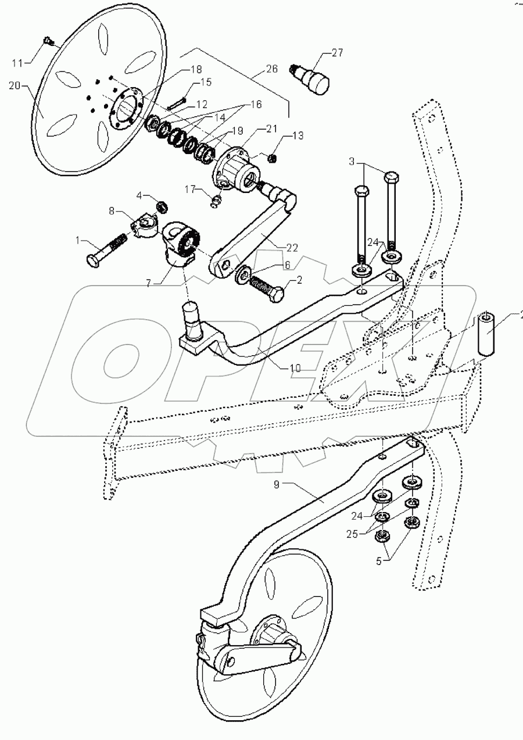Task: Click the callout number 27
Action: point(336,53)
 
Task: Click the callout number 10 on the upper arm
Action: point(296,368)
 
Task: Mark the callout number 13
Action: point(298,135)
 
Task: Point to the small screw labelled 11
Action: point(49,41)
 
